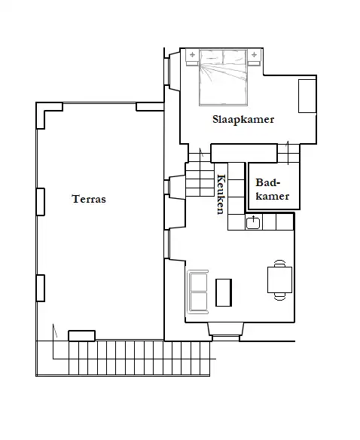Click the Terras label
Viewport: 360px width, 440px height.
coord(89,199)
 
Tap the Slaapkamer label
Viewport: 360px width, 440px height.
coord(243,120)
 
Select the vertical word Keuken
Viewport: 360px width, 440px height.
coord(221,194)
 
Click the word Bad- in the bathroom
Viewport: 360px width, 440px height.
coord(268,182)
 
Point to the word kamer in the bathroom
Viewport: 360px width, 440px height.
coord(273,196)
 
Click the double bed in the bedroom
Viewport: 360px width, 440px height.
coord(224,77)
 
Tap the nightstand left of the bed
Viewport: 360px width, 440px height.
coord(193,57)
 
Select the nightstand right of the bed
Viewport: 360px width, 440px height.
coord(254,57)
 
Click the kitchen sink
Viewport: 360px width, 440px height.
coord(253,222)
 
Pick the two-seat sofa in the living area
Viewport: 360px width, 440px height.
coord(198,292)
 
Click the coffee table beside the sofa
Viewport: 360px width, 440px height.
coord(224,292)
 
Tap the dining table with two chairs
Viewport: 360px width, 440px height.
coord(279,280)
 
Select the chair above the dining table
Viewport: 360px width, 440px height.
coord(279,263)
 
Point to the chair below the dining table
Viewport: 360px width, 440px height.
coord(279,296)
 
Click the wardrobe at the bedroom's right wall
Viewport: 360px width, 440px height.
coord(307,96)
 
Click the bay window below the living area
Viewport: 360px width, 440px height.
coord(226,332)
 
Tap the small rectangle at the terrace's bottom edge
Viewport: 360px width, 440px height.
coord(82,336)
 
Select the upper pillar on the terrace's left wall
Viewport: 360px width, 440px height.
coord(41,202)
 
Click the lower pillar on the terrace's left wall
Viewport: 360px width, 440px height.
coord(41,289)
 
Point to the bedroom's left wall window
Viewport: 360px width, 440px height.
coord(166,71)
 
